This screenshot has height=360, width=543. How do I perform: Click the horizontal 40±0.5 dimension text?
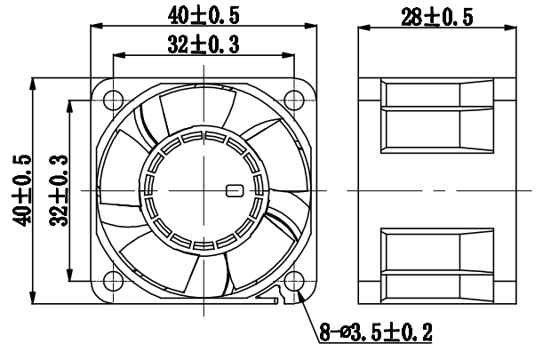[204, 15]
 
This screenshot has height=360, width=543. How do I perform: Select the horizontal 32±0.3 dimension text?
[204, 44]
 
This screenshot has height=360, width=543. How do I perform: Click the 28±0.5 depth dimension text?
[436, 15]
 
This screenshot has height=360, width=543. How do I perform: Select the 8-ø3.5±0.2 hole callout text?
[377, 333]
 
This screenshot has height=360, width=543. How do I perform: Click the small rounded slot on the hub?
[236, 190]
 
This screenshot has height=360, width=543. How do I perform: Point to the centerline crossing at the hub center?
[204, 190]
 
